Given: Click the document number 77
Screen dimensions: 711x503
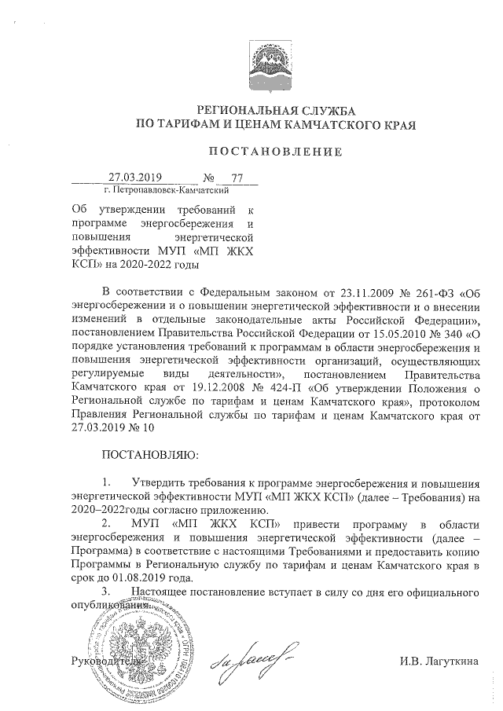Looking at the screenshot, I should point(229,178).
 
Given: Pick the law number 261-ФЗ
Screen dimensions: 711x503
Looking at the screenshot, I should point(432,295).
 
